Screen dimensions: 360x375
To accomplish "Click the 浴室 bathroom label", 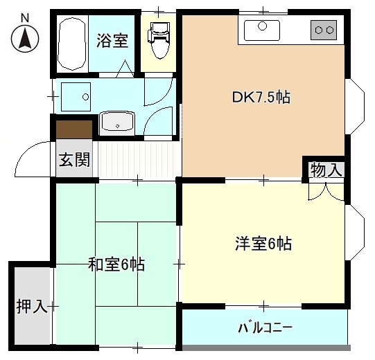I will click(112, 40).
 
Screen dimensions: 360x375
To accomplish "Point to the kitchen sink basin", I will click(261, 29).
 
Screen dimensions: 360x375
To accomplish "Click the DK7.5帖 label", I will click(261, 98).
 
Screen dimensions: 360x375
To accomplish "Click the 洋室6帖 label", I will click(263, 244).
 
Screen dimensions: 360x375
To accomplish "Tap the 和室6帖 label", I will click(116, 264).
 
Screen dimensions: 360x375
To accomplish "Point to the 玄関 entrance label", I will click(73, 161).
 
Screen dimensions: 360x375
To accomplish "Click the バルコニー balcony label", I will click(265, 327).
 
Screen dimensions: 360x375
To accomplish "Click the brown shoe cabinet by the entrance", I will click(74, 129).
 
